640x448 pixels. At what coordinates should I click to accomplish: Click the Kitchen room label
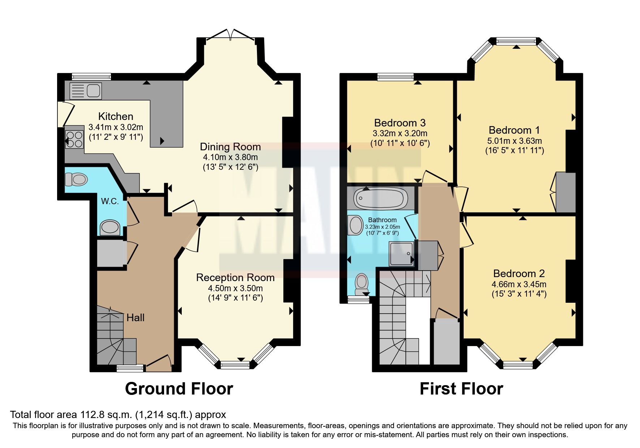(x=116, y=116)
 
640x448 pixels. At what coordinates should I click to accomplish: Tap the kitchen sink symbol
(x=86, y=91)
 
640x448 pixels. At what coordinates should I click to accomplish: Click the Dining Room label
(x=230, y=147)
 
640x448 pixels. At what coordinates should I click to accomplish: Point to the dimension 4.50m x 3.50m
(x=235, y=288)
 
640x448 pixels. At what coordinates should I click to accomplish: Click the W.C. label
(x=110, y=201)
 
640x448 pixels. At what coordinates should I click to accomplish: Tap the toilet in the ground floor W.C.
(x=76, y=179)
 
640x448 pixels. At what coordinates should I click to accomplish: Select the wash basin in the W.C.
(x=110, y=227)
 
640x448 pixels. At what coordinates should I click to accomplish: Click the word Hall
(x=135, y=318)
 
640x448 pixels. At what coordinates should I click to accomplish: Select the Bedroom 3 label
(x=400, y=123)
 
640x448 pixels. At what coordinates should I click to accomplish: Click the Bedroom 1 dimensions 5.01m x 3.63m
(x=515, y=141)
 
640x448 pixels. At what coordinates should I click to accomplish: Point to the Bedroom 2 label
(x=519, y=273)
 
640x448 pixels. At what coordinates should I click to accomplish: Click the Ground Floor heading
(x=179, y=389)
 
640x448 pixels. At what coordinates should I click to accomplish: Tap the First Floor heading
(x=461, y=389)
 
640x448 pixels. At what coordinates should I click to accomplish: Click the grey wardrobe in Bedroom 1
(x=566, y=192)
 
